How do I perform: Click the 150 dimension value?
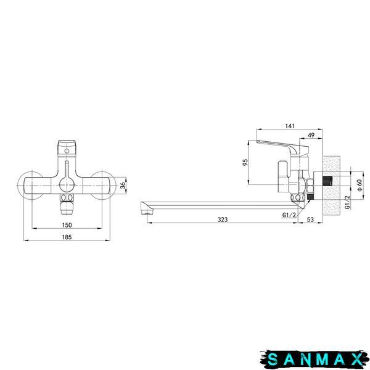click(x=67, y=225)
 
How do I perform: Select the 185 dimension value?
click(x=67, y=237)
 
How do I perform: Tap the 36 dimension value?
click(x=123, y=186)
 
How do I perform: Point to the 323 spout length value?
click(x=223, y=220)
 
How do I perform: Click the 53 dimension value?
click(x=310, y=220)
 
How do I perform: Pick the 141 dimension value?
click(x=290, y=126)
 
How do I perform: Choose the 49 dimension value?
click(x=311, y=135)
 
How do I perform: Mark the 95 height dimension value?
click(x=245, y=162)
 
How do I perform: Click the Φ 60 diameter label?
click(x=360, y=185)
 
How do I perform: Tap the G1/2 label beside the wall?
click(x=347, y=202)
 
